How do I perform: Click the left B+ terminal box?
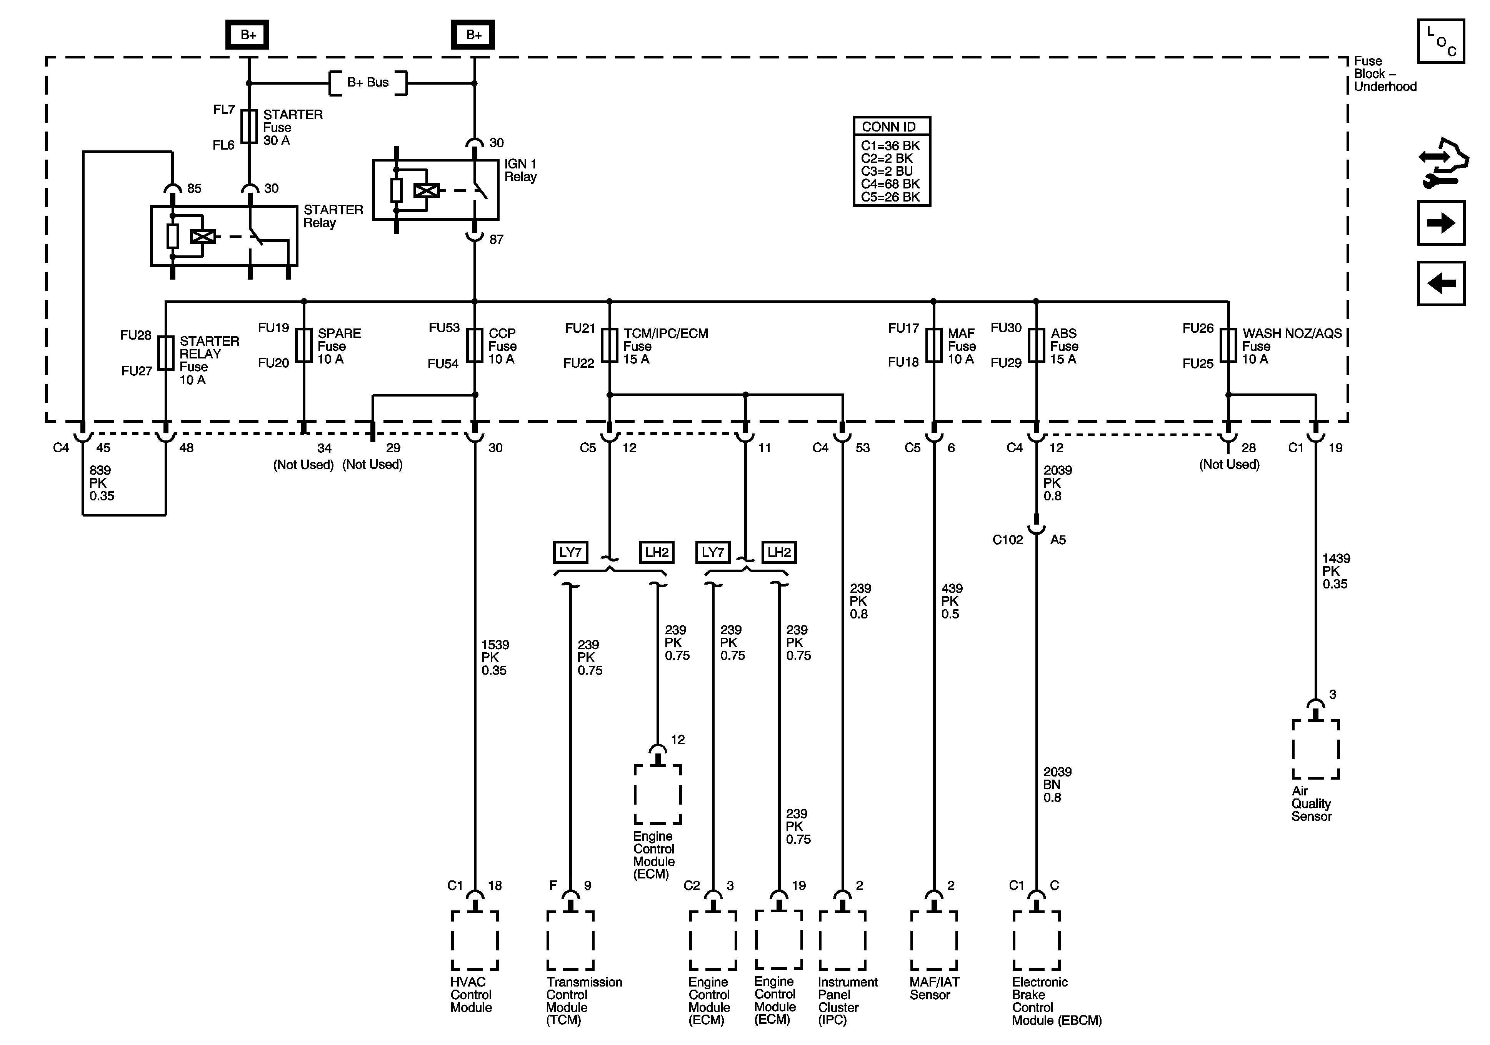[247, 35]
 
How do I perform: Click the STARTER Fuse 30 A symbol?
[249, 127]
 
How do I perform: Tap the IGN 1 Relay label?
[520, 171]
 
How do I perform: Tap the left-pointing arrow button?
[1441, 283]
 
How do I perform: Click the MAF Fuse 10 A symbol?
[933, 345]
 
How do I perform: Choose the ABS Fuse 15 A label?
[1063, 346]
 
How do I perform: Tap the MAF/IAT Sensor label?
[934, 988]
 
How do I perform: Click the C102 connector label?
[1007, 540]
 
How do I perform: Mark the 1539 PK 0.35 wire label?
[495, 658]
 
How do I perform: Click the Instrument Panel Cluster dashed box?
[842, 940]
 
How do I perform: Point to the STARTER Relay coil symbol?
[202, 237]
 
